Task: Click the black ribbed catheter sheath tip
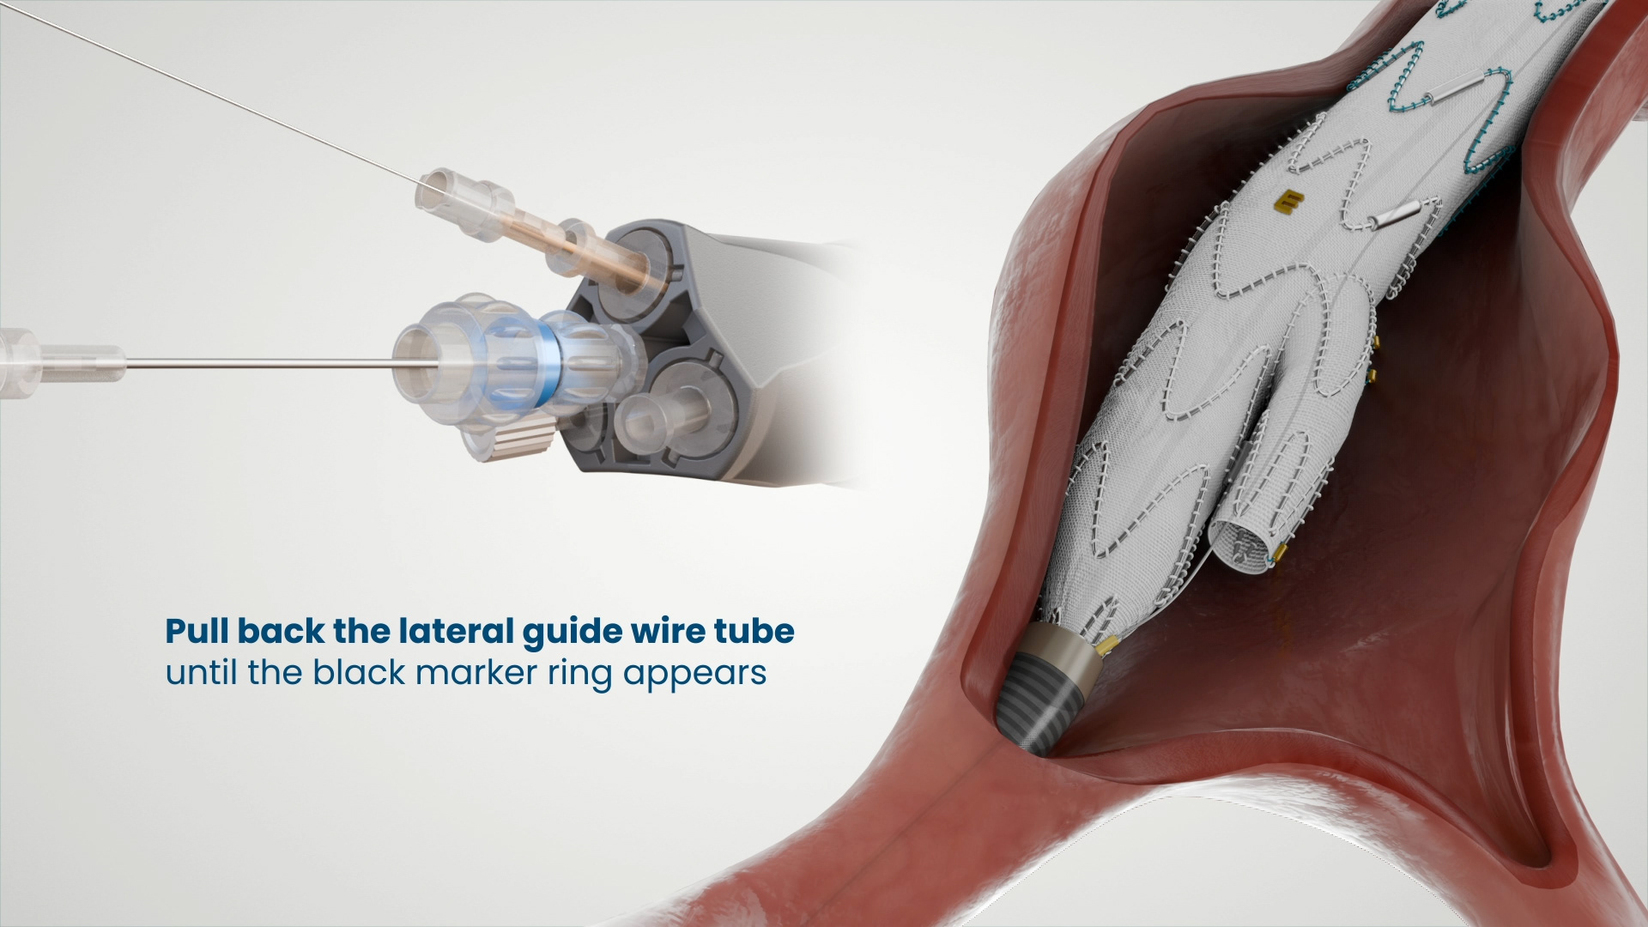tap(1039, 704)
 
